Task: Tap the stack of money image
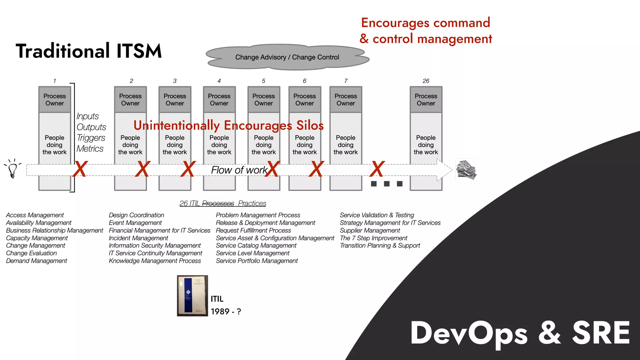[466, 170]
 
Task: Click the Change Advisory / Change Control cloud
[287, 57]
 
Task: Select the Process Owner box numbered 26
[426, 100]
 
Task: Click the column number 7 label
[346, 81]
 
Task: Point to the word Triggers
[91, 138]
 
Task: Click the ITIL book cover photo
[192, 296]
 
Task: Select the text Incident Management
[138, 238]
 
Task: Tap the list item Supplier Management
[370, 230]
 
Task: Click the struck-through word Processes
[218, 203]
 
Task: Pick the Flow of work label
[239, 170]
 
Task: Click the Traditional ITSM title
[89, 51]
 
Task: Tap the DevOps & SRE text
[520, 333]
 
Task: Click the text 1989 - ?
[226, 312]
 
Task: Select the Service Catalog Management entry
[256, 246]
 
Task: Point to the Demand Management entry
[37, 261]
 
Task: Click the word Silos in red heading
[310, 125]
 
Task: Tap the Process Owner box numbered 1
[54, 100]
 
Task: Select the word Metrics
[90, 149]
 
